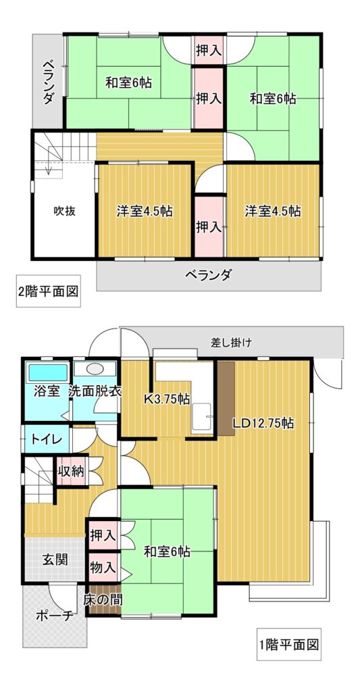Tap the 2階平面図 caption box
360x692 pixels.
49,291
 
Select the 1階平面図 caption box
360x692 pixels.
289,644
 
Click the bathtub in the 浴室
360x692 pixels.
48,372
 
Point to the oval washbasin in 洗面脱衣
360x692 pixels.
93,369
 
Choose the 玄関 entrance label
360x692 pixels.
55,560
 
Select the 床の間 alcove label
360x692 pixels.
103,600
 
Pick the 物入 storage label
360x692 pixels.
103,568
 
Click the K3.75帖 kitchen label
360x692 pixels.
168,399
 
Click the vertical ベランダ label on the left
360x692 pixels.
48,82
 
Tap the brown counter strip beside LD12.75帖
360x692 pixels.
226,399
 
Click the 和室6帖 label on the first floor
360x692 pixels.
168,551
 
